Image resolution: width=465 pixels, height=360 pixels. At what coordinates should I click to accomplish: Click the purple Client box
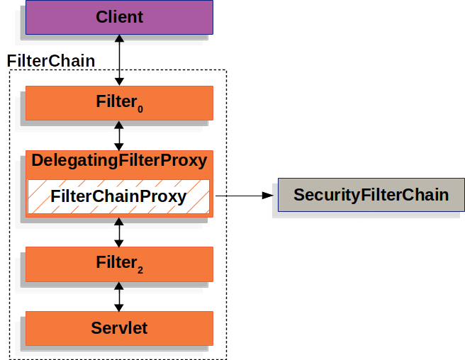(119, 16)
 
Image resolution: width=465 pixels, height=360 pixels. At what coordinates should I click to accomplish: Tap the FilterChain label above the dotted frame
(50, 61)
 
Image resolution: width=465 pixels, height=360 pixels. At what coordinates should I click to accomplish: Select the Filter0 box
(119, 103)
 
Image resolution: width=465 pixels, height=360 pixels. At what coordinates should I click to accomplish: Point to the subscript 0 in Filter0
(140, 109)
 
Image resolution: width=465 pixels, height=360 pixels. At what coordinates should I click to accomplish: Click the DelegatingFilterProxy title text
(119, 161)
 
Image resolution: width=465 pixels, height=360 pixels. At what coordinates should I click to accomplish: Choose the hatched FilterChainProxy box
(119, 196)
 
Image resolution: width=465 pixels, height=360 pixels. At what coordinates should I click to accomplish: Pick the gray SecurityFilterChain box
(371, 195)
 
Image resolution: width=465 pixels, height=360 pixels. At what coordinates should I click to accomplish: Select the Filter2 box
(119, 264)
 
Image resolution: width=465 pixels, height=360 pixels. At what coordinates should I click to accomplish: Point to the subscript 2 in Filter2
(140, 270)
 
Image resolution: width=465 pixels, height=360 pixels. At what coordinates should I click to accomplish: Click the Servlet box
(119, 328)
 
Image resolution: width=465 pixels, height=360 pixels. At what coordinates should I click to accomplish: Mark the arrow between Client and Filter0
(119, 60)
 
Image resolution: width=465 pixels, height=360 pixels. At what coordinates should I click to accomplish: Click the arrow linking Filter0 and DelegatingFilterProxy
(119, 135)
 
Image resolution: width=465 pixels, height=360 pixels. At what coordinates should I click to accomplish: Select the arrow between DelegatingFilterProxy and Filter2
(119, 232)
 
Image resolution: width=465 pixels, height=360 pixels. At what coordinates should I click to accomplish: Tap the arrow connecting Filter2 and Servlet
(119, 296)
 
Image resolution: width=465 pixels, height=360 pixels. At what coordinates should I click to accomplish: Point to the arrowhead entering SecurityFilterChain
(267, 195)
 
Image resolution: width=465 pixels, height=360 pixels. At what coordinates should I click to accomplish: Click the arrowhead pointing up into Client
(119, 39)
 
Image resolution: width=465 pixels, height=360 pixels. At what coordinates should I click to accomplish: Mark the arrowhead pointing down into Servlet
(119, 306)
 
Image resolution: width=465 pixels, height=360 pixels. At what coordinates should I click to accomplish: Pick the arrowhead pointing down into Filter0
(119, 81)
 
